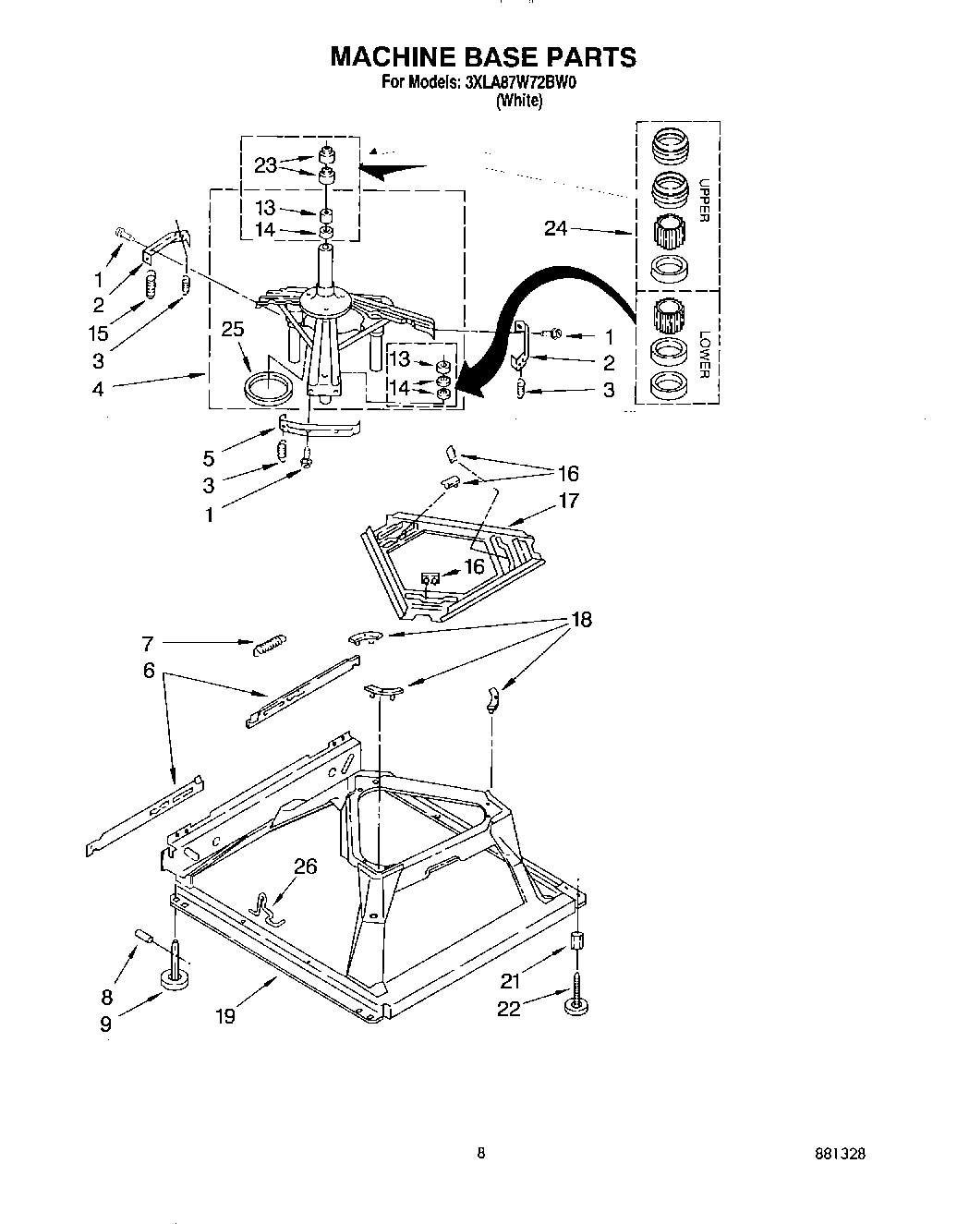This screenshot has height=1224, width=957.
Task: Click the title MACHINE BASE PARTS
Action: click(483, 57)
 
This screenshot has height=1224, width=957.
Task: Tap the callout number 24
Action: click(555, 228)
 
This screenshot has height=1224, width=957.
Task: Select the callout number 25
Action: click(233, 328)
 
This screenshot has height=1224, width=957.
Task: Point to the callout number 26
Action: click(305, 866)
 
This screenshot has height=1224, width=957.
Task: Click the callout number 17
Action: click(568, 501)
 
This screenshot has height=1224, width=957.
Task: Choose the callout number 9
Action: click(105, 1024)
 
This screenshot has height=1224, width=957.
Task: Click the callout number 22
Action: click(508, 1009)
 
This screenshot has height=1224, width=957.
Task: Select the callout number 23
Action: click(265, 165)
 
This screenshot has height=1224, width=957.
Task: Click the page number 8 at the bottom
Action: click(480, 1153)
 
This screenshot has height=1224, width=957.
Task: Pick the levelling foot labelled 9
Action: click(173, 977)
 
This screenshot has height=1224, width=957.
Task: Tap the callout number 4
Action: click(98, 389)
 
